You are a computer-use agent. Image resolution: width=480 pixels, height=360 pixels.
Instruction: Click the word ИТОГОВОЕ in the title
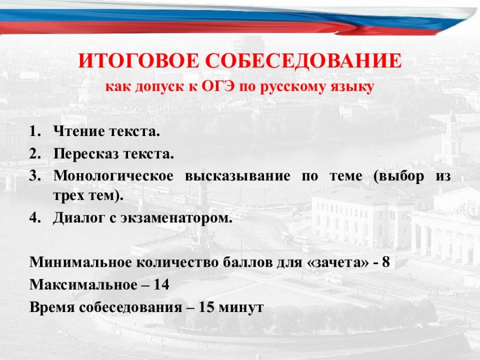[x=138, y=61]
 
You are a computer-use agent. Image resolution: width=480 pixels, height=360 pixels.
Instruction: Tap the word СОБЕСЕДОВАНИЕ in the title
[x=303, y=61]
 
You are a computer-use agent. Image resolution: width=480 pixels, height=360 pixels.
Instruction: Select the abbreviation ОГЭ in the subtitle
[x=218, y=86]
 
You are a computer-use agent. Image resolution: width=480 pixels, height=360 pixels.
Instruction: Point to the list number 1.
[x=35, y=131]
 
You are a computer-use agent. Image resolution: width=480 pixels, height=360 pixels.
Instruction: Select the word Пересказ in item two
[x=86, y=154]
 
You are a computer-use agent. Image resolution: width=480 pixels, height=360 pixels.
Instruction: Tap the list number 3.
[x=35, y=175]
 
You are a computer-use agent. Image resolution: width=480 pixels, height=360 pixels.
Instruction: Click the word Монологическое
[x=113, y=175]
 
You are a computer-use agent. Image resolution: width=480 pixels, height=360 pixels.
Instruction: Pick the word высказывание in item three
[x=237, y=175]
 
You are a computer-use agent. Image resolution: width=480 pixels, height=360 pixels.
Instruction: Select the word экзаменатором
[x=176, y=219]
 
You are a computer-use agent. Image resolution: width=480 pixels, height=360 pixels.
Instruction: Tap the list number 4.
[x=35, y=218]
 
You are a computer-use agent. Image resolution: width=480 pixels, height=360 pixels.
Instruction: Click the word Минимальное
[x=81, y=262]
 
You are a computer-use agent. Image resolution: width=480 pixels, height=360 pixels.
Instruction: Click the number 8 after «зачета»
[x=386, y=262]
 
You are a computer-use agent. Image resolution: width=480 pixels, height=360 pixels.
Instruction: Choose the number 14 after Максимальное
[x=161, y=284]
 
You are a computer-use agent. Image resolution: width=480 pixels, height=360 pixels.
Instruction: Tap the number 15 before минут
[x=207, y=307]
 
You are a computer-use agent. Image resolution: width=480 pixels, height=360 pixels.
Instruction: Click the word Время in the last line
[x=52, y=307]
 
